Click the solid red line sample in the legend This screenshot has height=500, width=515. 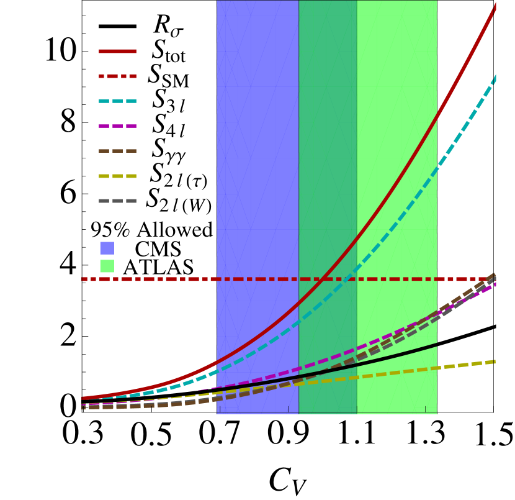[x=117, y=51]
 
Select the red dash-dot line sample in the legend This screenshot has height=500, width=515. [x=117, y=76]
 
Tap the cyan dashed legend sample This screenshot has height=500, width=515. [x=117, y=101]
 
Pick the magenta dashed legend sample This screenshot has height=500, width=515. [x=117, y=126]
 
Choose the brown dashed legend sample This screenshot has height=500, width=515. [x=117, y=151]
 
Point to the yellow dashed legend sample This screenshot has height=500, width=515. [x=117, y=176]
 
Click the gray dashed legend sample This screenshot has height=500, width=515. [x=117, y=201]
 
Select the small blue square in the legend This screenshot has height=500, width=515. [x=107, y=248]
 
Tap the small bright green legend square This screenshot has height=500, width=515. [x=107, y=266]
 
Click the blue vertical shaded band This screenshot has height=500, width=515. [x=257, y=155]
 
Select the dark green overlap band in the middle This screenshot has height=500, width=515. [x=328, y=155]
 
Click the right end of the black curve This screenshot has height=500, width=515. [x=436, y=344]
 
